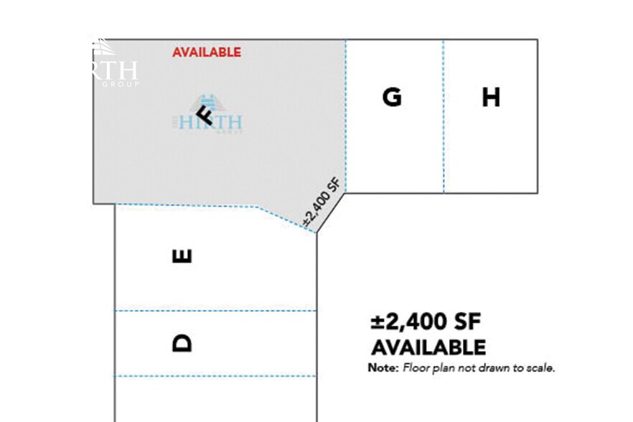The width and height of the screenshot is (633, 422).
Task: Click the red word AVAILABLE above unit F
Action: click(x=207, y=52)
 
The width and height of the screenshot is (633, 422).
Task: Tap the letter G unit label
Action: click(x=392, y=97)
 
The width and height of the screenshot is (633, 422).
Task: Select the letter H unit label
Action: click(x=491, y=97)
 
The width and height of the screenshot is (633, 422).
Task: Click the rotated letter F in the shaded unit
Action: click(x=205, y=114)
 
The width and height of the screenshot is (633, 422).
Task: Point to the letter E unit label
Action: click(x=183, y=255)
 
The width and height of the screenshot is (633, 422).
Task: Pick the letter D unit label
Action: click(x=183, y=343)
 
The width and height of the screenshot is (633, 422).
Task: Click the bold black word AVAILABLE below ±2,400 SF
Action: click(x=428, y=347)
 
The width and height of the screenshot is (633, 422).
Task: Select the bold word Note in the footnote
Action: click(x=383, y=368)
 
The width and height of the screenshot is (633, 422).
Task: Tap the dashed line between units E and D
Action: click(x=215, y=311)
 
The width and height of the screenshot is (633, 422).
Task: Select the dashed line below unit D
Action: click(x=215, y=376)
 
